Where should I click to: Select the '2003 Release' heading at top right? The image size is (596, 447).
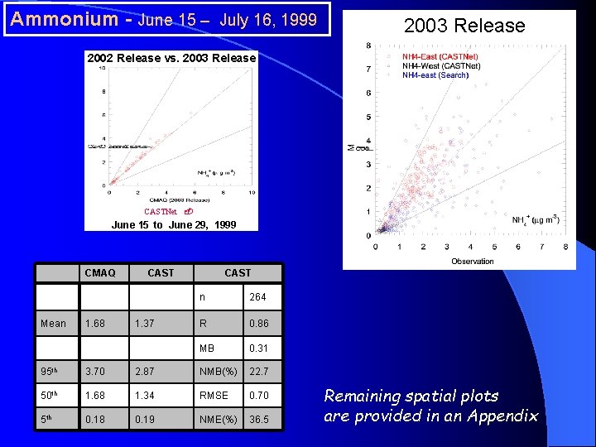pyautogui.click(x=464, y=26)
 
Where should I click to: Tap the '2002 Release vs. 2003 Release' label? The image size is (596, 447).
pyautogui.click(x=172, y=58)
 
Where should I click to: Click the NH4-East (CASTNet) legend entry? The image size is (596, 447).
pyautogui.click(x=440, y=56)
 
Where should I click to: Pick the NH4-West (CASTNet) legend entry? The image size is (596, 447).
pyautogui.click(x=440, y=65)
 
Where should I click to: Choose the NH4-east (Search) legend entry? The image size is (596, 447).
pyautogui.click(x=435, y=74)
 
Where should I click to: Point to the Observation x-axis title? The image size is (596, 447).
pyautogui.click(x=473, y=262)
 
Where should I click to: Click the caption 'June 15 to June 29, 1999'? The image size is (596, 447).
pyautogui.click(x=174, y=224)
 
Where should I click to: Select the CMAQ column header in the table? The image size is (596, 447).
pyautogui.click(x=100, y=272)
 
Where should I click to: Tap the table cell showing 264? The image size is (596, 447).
pyautogui.click(x=258, y=297)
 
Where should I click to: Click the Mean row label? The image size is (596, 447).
pyautogui.click(x=53, y=323)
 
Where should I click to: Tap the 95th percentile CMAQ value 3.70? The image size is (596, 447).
pyautogui.click(x=96, y=371)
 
